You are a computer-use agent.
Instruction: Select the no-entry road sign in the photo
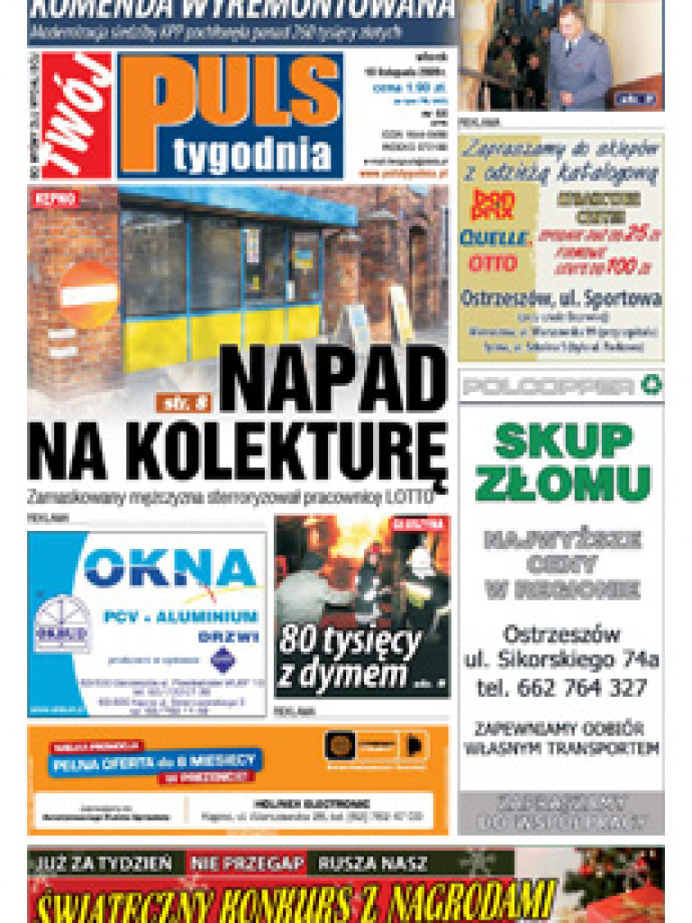click(88, 294)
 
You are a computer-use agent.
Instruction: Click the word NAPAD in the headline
click(333, 379)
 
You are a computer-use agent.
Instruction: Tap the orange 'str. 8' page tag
click(183, 402)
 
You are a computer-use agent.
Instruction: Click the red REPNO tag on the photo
click(55, 198)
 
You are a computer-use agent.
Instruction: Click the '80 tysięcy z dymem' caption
click(351, 657)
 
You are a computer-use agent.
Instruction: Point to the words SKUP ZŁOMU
click(562, 461)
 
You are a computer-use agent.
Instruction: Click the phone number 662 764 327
click(561, 688)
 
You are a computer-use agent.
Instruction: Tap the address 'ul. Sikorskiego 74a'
click(561, 660)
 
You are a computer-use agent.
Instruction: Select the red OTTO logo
click(492, 263)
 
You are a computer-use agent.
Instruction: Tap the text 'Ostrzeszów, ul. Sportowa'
click(560, 298)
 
